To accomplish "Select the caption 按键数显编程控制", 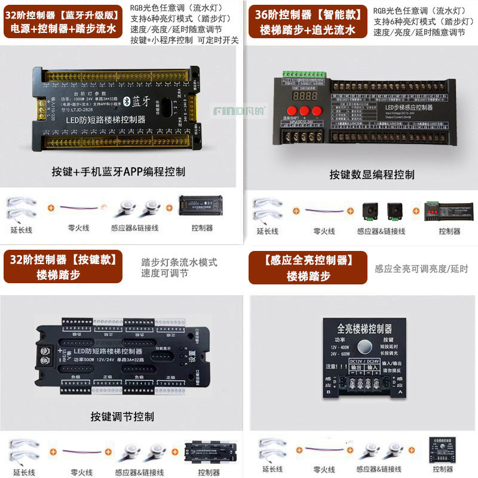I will pyautogui.click(x=372, y=175).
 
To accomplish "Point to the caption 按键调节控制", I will pyautogui.click(x=122, y=416).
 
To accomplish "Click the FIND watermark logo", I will pyautogui.click(x=228, y=111).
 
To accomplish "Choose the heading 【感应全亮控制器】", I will pyautogui.click(x=308, y=261).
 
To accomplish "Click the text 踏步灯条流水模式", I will pyautogui.click(x=179, y=262).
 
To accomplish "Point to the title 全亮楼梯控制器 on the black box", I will pyautogui.click(x=364, y=329).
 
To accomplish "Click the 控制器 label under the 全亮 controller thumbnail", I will pyautogui.click(x=442, y=469).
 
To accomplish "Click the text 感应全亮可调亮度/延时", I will pyautogui.click(x=421, y=269).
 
